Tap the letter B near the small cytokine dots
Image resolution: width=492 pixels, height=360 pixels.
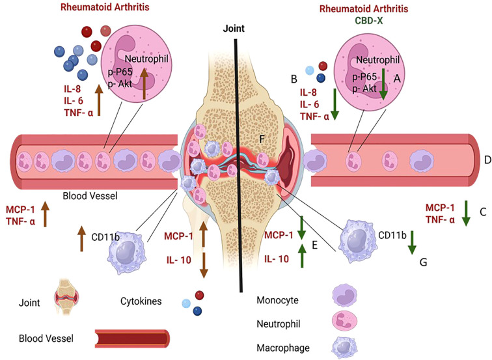pos(294,79)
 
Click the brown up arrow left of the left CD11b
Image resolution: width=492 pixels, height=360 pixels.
pos(82,240)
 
